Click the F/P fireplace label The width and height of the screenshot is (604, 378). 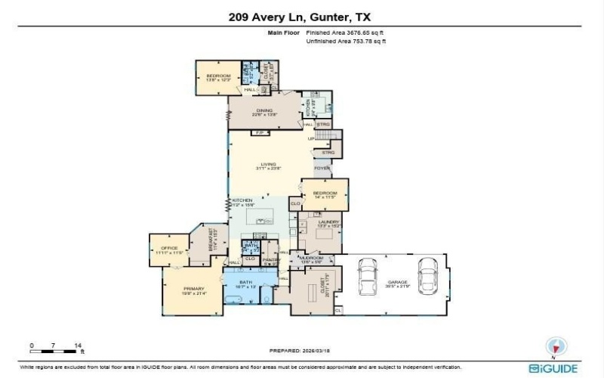260,135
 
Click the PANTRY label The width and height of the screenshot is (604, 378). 270,261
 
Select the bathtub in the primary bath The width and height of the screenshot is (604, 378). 234,298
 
